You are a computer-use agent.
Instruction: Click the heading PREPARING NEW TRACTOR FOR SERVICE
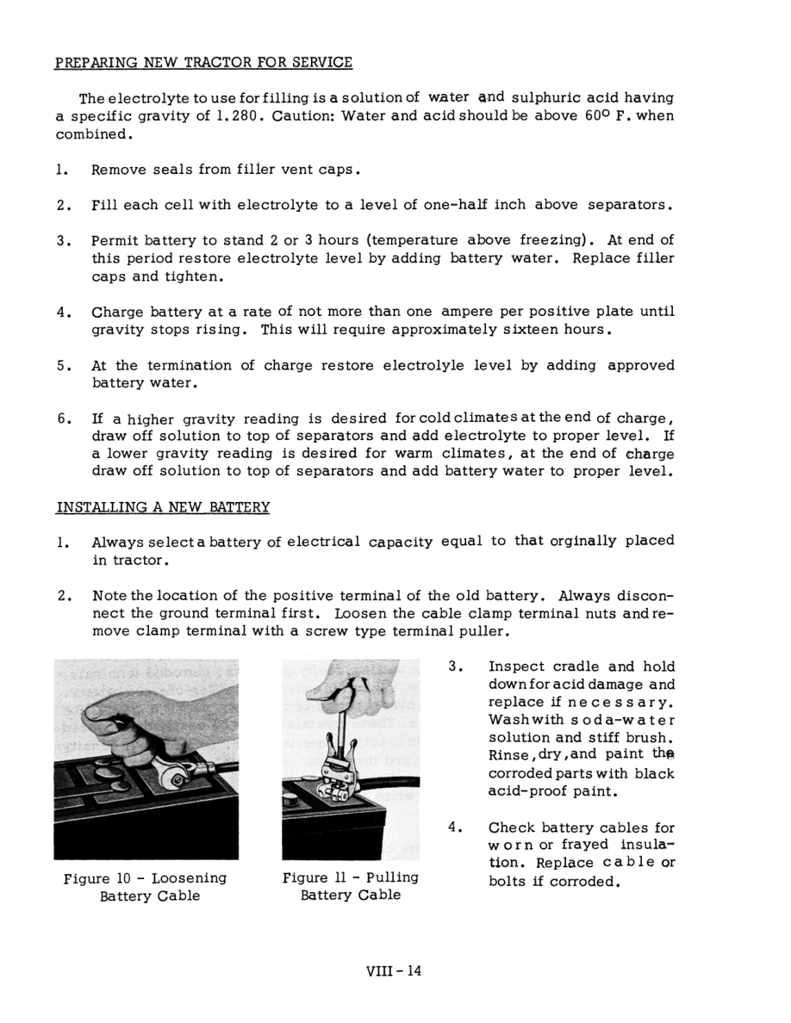pyautogui.click(x=203, y=63)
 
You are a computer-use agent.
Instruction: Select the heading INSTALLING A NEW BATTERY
pyautogui.click(x=163, y=507)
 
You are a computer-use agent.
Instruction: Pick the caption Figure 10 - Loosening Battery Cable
pyautogui.click(x=146, y=887)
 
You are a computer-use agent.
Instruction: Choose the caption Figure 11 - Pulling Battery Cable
pyautogui.click(x=351, y=887)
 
